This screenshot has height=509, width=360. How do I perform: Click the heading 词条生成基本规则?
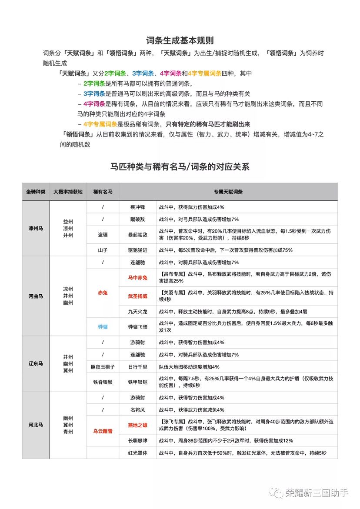pyautogui.click(x=180, y=41)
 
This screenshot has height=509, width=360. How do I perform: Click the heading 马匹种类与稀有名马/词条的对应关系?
pyautogui.click(x=180, y=166)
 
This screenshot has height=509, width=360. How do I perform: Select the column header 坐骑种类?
pyautogui.click(x=36, y=192)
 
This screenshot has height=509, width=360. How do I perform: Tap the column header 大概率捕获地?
pyautogui.click(x=68, y=192)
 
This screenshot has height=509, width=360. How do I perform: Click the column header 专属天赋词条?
pyautogui.click(x=228, y=192)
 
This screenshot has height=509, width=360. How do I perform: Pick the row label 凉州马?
pyautogui.click(x=36, y=228)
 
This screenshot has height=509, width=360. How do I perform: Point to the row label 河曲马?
pyautogui.click(x=36, y=296)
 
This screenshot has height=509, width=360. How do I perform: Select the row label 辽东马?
pyautogui.click(x=36, y=363)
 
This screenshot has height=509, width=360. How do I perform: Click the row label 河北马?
pyautogui.click(x=36, y=425)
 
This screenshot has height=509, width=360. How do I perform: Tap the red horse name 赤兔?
pyautogui.click(x=103, y=293)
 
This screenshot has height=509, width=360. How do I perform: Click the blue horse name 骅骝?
pyautogui.click(x=103, y=326)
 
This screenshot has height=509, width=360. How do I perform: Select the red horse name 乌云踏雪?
pyautogui.click(x=103, y=431)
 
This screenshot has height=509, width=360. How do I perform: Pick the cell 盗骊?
pyautogui.click(x=103, y=235)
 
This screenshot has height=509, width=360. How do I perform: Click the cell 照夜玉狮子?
pyautogui.click(x=103, y=367)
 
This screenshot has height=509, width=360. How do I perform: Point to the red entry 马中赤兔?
pyautogui.click(x=138, y=277)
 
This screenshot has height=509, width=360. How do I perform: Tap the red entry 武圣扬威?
pyautogui.click(x=138, y=296)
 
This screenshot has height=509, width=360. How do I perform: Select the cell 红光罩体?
pyautogui.click(x=138, y=453)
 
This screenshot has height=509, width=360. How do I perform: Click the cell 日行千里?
pyautogui.click(x=138, y=367)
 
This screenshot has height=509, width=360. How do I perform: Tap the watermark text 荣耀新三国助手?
pyautogui.click(x=317, y=492)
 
